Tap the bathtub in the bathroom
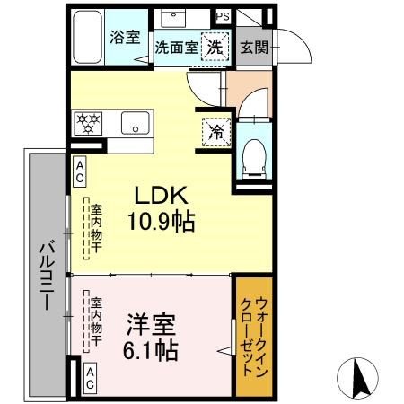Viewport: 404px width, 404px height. [88, 38]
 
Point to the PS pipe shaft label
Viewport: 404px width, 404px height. [223, 15]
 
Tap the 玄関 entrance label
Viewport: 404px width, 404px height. [253, 47]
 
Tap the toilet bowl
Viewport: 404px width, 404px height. [253, 156]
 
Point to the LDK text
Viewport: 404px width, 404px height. [161, 197]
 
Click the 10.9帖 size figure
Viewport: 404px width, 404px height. [162, 221]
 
